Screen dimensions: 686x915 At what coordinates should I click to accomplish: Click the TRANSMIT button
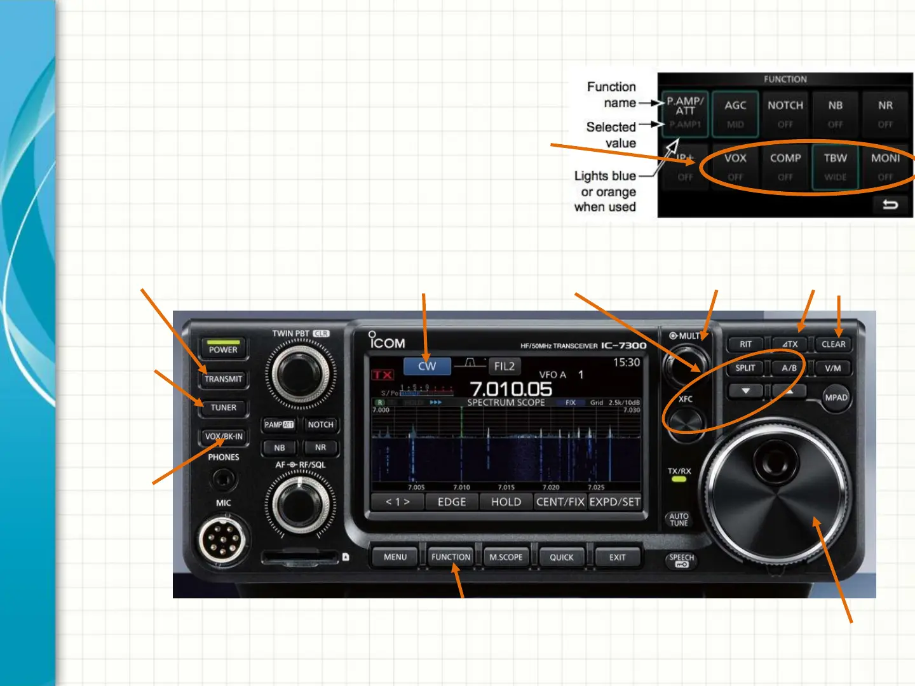point(224,379)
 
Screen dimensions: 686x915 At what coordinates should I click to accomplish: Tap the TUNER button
point(224,407)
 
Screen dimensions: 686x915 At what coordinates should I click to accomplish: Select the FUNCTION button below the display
point(451,557)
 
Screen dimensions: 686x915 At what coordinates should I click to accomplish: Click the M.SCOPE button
point(506,557)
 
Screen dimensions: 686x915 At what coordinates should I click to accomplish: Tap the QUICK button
point(561,557)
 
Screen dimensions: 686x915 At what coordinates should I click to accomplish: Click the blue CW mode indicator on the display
point(427,366)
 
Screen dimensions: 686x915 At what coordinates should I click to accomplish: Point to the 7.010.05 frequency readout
point(511,388)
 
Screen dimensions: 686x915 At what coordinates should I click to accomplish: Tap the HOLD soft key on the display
point(506,502)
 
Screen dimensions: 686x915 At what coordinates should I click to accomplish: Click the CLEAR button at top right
point(833,344)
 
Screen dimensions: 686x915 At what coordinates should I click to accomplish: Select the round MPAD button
point(836,398)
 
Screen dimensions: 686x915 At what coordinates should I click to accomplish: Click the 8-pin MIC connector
point(222,540)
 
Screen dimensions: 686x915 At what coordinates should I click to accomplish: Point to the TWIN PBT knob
point(301,373)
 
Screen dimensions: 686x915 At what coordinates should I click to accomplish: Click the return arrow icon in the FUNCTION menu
point(890,205)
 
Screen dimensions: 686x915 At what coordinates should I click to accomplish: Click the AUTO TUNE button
point(679,520)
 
